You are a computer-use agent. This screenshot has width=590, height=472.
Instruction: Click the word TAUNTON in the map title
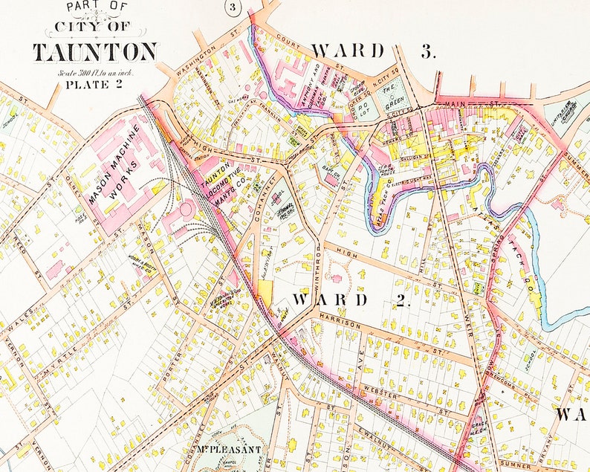94,53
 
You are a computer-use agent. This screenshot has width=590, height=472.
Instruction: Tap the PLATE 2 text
94,84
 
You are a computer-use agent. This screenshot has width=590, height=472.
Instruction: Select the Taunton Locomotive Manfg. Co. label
223,186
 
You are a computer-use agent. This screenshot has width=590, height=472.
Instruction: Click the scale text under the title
95,72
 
